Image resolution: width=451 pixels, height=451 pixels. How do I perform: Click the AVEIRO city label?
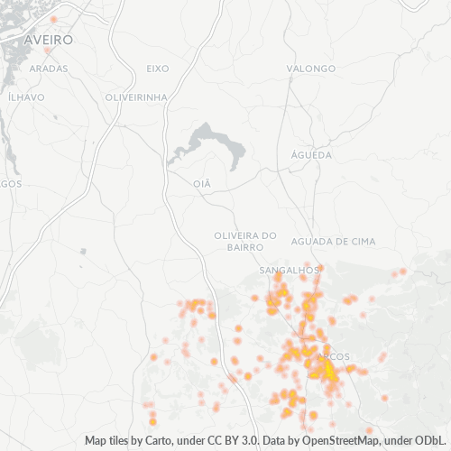click(x=50, y=41)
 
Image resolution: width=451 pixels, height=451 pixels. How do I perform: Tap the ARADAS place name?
click(x=49, y=69)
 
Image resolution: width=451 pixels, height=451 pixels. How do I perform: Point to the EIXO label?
click(x=157, y=69)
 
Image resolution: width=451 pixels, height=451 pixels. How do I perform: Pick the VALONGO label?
click(x=311, y=69)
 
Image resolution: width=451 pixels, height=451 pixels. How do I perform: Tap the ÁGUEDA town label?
click(x=311, y=155)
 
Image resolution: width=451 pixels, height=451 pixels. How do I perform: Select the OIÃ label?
click(x=202, y=183)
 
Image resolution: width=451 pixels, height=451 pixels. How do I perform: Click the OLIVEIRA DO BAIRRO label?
click(x=239, y=241)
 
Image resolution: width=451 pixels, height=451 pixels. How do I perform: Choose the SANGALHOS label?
click(x=290, y=270)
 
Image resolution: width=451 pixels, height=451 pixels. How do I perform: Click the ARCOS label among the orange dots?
click(x=335, y=356)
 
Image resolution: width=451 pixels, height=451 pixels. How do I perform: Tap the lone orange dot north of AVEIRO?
click(x=53, y=19)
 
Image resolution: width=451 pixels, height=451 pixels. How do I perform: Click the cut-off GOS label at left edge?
click(x=11, y=184)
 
